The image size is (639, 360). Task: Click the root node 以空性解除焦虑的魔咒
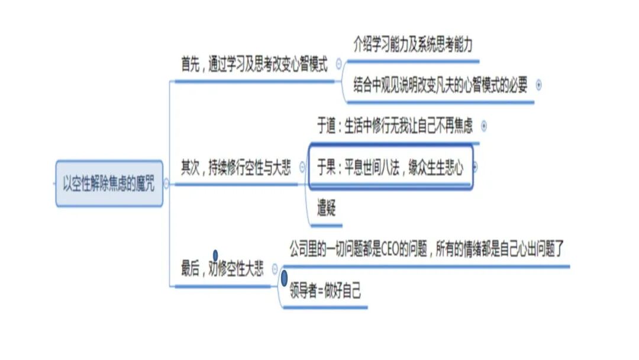109,184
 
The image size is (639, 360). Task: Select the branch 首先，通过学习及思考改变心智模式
254,65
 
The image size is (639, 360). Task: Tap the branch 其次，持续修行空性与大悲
235,168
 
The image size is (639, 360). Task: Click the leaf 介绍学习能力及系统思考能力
412,46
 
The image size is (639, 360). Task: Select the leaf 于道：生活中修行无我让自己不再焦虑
395,126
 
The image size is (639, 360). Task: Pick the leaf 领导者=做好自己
325,291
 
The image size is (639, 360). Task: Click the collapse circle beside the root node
166,184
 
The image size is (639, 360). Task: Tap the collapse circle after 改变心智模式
338,65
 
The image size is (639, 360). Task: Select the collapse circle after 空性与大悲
302,168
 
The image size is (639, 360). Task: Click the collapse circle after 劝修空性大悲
275,269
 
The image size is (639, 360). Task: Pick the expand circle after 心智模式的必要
538,85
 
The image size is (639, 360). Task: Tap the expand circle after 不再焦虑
484,126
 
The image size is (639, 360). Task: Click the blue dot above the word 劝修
215,255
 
